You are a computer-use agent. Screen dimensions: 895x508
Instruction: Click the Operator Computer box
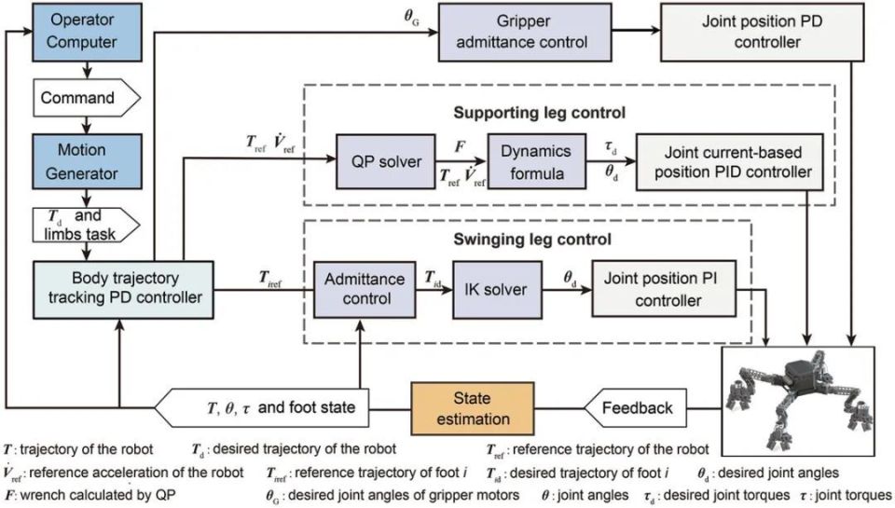(x=87, y=32)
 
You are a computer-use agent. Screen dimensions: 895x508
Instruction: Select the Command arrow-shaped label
(x=86, y=98)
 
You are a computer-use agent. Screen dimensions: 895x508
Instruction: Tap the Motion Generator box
(x=87, y=161)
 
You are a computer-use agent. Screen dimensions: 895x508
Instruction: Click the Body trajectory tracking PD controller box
(x=123, y=289)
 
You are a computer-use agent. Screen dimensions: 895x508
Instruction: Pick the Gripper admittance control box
(x=525, y=32)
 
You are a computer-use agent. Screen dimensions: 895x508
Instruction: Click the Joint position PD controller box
(x=762, y=32)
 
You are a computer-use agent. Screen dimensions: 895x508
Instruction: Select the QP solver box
(x=385, y=161)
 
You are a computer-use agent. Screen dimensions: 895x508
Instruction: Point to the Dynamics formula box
(x=537, y=161)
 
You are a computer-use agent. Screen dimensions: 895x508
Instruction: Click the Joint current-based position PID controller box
(x=729, y=161)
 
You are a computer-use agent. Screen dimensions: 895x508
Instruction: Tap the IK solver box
(x=497, y=289)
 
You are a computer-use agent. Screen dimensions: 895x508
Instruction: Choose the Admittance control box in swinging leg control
(x=365, y=289)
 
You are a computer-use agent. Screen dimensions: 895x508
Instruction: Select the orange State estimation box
(x=473, y=408)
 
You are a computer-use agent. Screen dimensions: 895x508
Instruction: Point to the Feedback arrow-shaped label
(x=635, y=408)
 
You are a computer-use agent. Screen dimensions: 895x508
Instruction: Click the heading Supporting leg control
(x=540, y=113)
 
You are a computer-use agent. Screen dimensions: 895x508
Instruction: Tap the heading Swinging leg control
(x=532, y=239)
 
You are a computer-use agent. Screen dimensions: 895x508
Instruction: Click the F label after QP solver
(x=460, y=146)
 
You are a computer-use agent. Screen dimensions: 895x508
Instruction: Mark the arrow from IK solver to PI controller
(x=567, y=289)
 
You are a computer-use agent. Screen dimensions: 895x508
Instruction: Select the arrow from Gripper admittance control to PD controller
(x=636, y=30)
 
